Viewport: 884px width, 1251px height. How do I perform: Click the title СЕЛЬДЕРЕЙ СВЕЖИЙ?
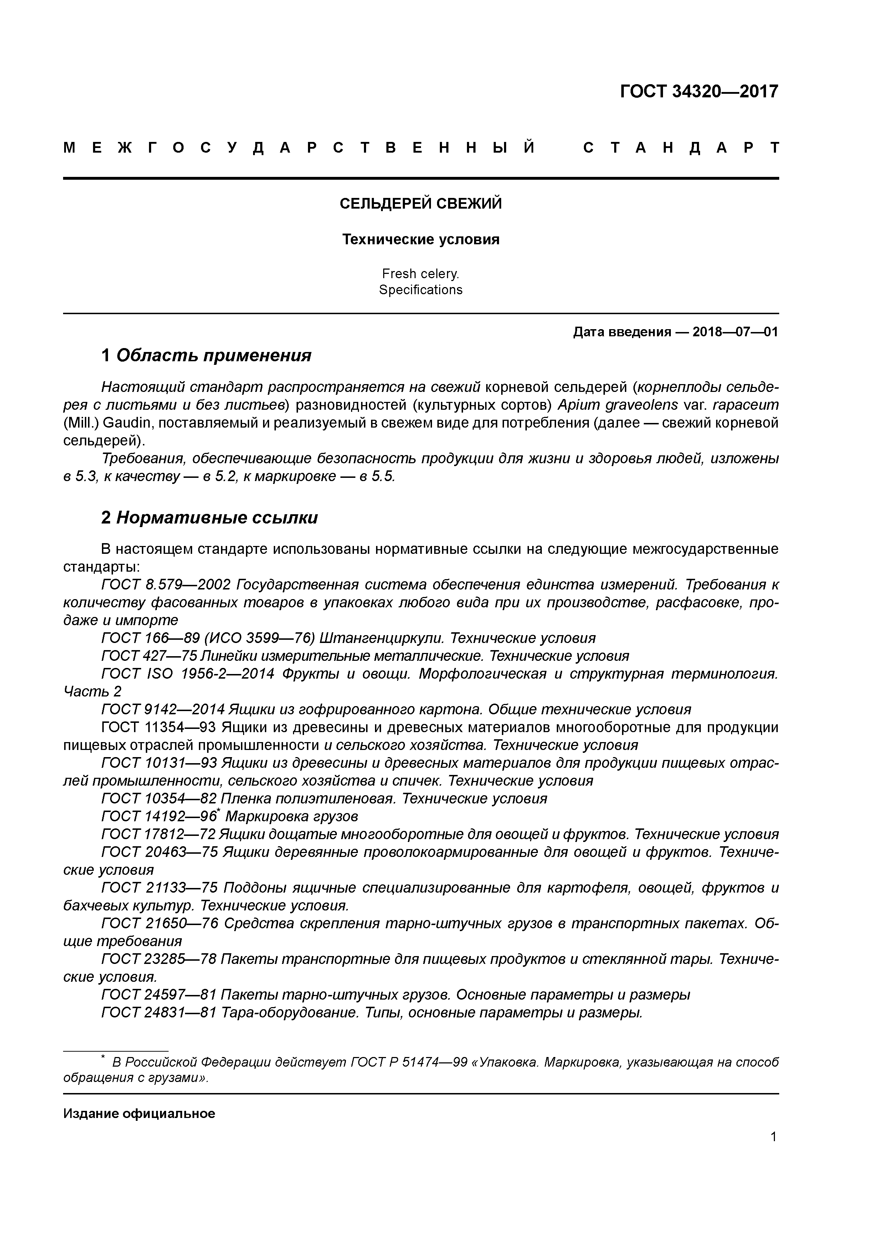[x=421, y=204]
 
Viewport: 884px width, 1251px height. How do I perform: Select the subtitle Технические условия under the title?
[x=421, y=239]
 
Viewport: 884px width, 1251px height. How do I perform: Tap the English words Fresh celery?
[x=421, y=274]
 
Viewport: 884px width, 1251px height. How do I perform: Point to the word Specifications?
[x=421, y=290]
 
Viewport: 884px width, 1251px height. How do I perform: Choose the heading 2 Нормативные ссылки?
[x=210, y=517]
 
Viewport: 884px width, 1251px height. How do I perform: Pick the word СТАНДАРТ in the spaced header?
[x=681, y=148]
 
